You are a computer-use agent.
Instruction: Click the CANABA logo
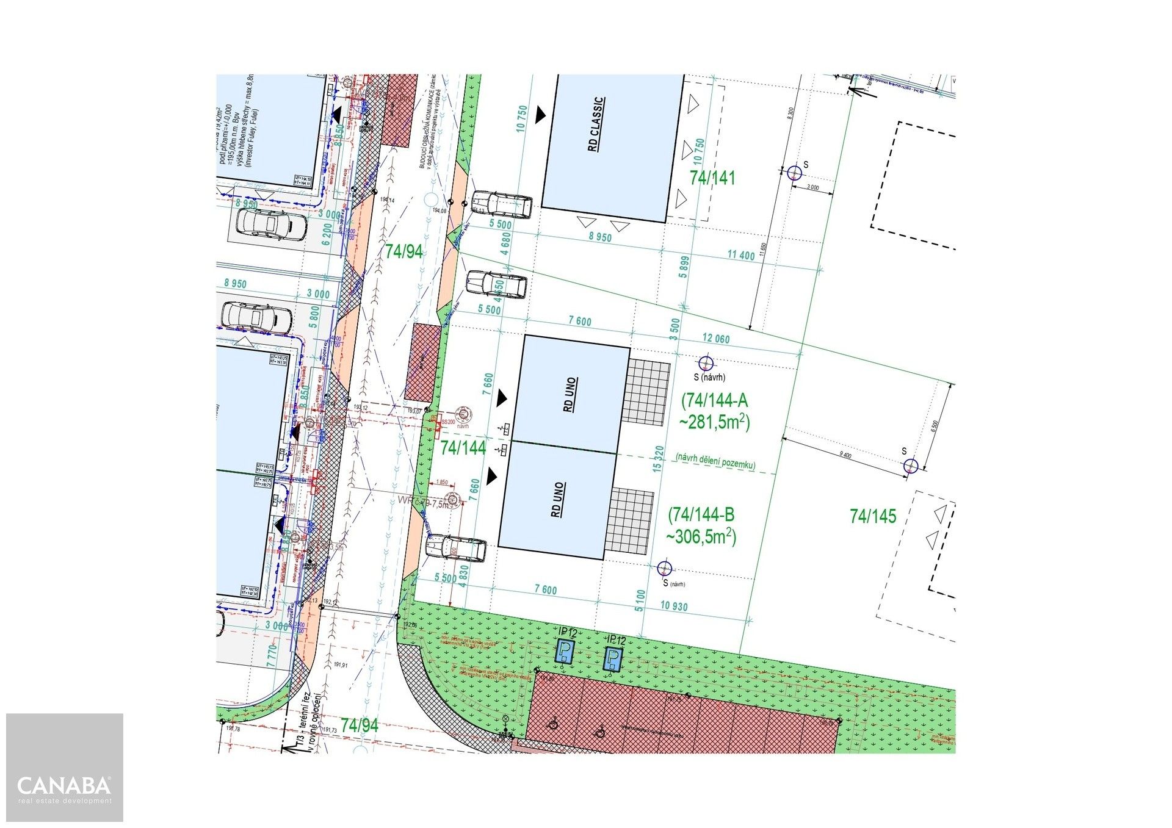[x=64, y=785]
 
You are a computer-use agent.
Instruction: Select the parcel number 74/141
[x=712, y=178]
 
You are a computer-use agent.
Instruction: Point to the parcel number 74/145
[x=873, y=517]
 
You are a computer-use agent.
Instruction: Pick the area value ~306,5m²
[x=701, y=537]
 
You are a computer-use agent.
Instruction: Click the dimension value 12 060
[x=716, y=339]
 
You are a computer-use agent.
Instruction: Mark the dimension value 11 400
[x=741, y=255]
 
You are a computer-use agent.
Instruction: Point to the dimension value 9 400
[x=845, y=455]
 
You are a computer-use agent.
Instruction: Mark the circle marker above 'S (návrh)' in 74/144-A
[x=706, y=363]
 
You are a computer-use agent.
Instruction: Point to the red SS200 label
[x=448, y=422]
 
